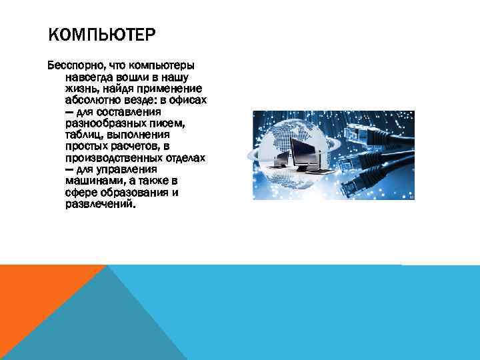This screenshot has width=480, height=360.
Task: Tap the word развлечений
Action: (x=99, y=203)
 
